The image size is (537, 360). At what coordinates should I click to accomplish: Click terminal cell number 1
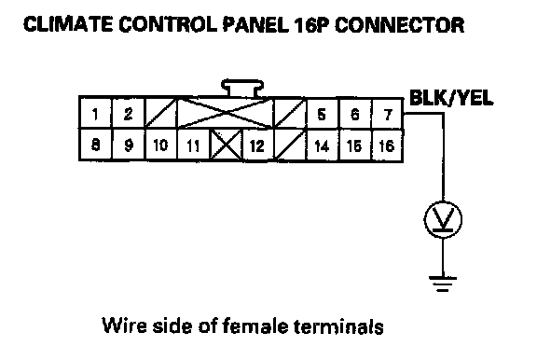[95, 114]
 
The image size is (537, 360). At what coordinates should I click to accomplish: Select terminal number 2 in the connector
[128, 114]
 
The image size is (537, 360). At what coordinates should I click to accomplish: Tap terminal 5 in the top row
[322, 114]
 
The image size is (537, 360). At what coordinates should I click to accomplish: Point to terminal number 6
[355, 114]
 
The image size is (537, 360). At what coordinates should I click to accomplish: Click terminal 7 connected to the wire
[387, 114]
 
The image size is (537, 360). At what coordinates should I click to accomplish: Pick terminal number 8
[95, 145]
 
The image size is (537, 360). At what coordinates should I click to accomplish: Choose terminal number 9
[128, 145]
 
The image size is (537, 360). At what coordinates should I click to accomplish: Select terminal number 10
[161, 145]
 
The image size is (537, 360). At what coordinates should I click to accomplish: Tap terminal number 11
[193, 145]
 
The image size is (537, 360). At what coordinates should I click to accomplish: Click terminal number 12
[258, 145]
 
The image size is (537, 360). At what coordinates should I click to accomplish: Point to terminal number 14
[322, 145]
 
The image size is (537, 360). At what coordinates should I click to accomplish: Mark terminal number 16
[387, 145]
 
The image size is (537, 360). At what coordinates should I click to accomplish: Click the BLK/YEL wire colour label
[451, 98]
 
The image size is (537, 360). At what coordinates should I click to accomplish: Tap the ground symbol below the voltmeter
[443, 284]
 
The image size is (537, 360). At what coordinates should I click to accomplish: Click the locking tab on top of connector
[242, 88]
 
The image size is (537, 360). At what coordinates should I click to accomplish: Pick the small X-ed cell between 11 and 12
[226, 145]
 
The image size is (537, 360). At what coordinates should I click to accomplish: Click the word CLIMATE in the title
[68, 24]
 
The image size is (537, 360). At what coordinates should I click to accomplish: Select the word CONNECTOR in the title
[400, 24]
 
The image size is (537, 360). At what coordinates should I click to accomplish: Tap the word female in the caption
[255, 325]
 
